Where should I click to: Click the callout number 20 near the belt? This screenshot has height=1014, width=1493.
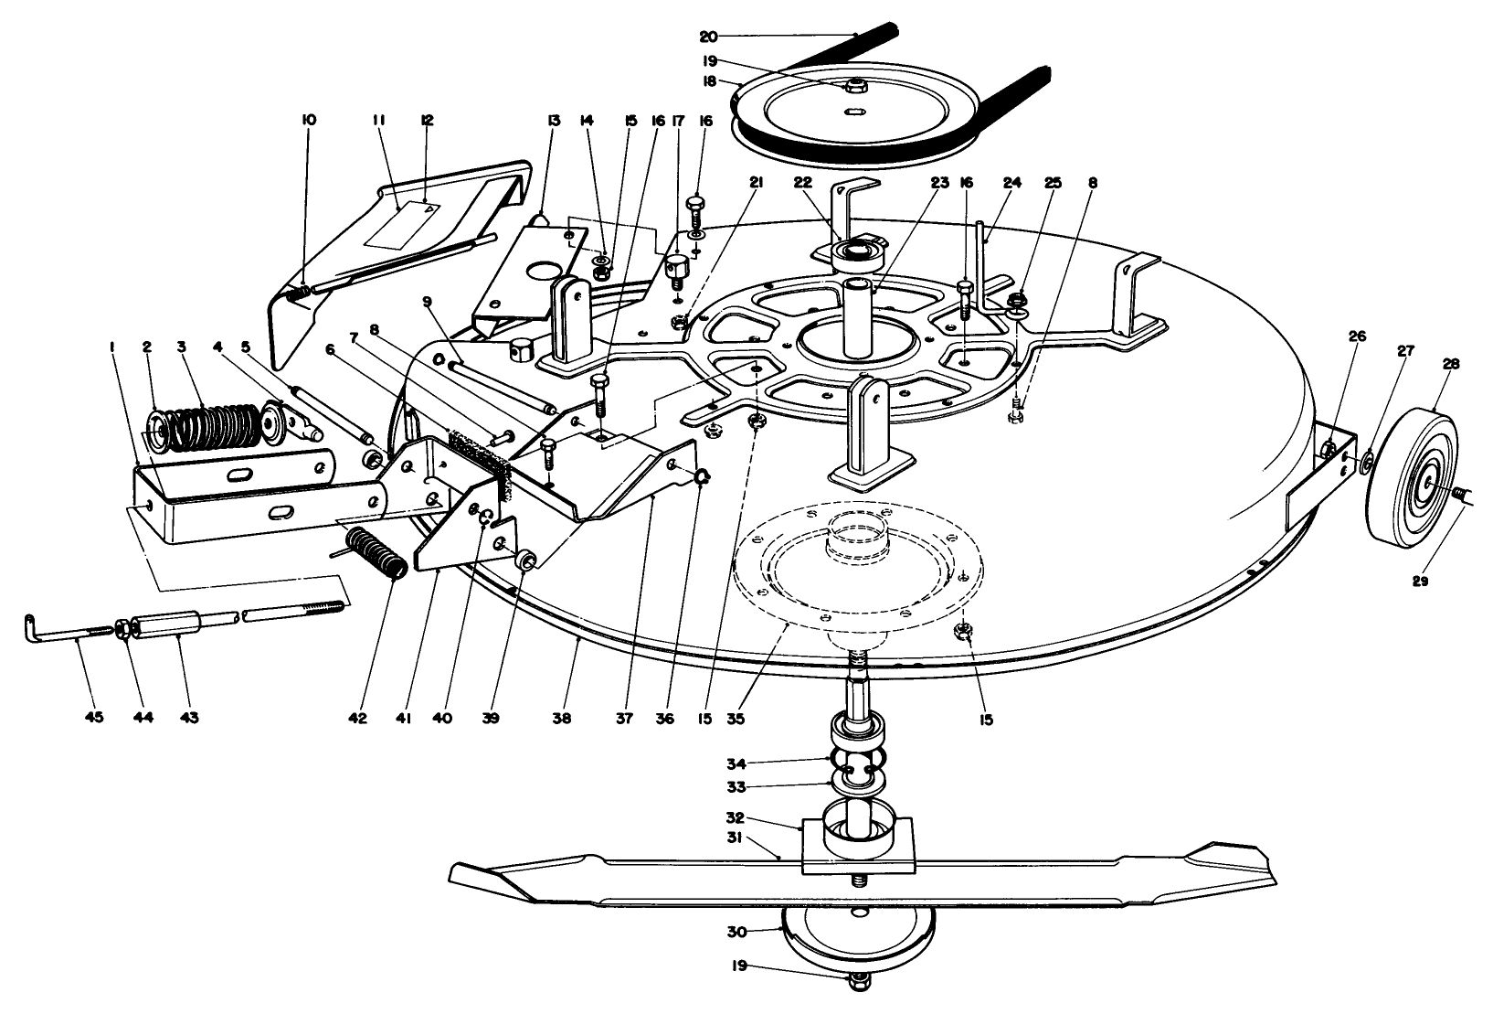click(x=708, y=36)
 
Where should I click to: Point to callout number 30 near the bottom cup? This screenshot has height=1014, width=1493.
click(x=736, y=931)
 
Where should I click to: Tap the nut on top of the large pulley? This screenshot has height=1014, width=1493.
click(x=856, y=87)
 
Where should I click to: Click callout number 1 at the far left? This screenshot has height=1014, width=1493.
click(x=111, y=347)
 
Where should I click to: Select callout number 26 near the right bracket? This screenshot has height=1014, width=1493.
click(x=1356, y=336)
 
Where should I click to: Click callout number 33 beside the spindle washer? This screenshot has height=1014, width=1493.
click(x=736, y=785)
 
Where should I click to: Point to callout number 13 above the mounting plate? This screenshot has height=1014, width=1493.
click(x=553, y=120)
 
